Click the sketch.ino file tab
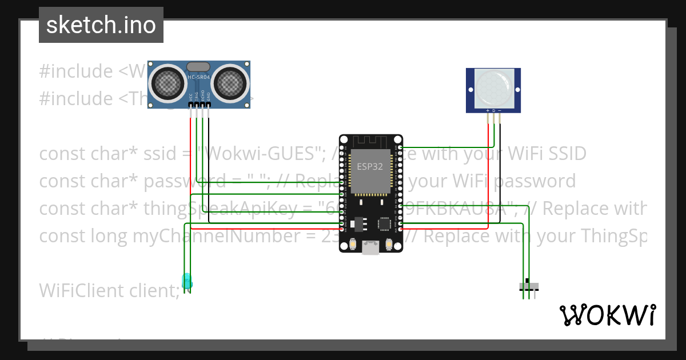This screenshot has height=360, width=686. [x=101, y=25]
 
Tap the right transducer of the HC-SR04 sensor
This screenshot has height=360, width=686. [x=232, y=83]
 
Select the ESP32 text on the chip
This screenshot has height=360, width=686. [x=370, y=167]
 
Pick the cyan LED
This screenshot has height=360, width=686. [x=186, y=281]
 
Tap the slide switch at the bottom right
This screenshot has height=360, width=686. [x=528, y=286]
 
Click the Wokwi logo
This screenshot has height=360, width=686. [x=607, y=315]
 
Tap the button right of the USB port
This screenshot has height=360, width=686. [x=389, y=244]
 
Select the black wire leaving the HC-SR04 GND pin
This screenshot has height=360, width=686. [x=209, y=160]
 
